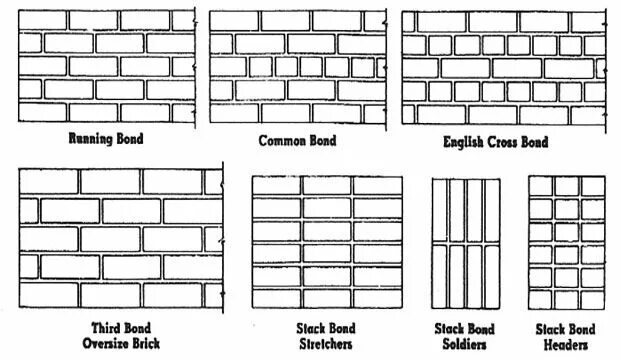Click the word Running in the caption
93,139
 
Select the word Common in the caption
281,140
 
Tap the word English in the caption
467,142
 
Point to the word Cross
513,142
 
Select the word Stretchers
326,345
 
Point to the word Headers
566,345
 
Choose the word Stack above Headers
551,329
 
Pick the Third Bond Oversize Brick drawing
120,238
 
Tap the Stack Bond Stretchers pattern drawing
327,242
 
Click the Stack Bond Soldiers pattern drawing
464,242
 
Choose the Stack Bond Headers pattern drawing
566,242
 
